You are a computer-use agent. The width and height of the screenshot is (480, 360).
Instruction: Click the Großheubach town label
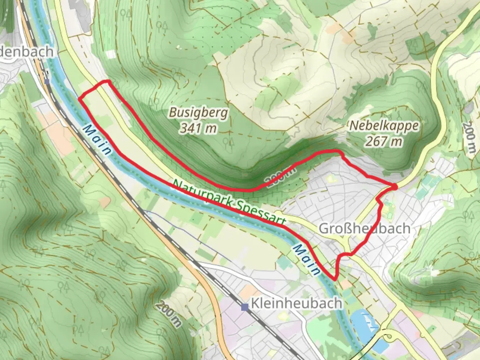[x=364, y=229]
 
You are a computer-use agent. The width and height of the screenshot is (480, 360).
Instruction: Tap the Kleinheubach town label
[x=296, y=303]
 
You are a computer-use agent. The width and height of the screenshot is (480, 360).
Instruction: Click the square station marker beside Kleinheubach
[x=245, y=306]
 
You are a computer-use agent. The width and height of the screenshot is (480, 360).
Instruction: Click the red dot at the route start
[x=394, y=187]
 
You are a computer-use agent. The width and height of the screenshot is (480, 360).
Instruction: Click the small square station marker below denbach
[x=47, y=81]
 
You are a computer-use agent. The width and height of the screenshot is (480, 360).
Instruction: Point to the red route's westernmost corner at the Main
[x=79, y=98]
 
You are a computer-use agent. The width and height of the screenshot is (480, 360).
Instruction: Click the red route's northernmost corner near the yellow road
[x=107, y=81]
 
